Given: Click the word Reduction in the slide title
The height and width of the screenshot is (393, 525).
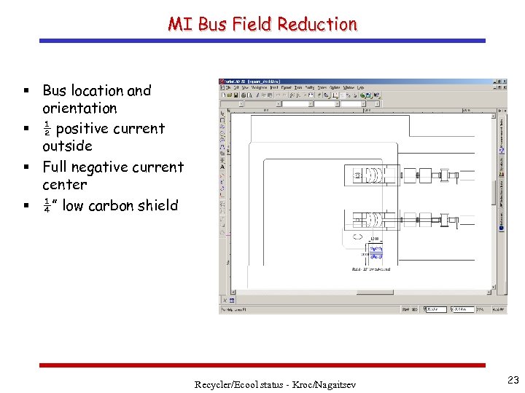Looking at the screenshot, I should click(318, 24).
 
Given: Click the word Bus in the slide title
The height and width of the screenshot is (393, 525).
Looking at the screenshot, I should click(212, 24).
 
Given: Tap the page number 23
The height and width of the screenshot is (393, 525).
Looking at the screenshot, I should click(513, 379).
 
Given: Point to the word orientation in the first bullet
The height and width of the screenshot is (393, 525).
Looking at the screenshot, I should click(79, 108).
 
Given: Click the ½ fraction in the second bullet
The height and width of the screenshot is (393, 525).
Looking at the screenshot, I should click(47, 129).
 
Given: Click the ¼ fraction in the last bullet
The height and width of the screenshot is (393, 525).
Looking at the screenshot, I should click(47, 206).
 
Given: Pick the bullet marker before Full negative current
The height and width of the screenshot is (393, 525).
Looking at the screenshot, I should click(26, 167).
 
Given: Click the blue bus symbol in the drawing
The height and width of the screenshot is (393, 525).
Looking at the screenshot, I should click(376, 252).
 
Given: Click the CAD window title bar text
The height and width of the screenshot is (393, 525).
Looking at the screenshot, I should click(253, 81).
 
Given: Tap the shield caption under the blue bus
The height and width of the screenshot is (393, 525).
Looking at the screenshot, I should click(371, 269).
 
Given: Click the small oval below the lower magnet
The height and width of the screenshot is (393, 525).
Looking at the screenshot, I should click(358, 237).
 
